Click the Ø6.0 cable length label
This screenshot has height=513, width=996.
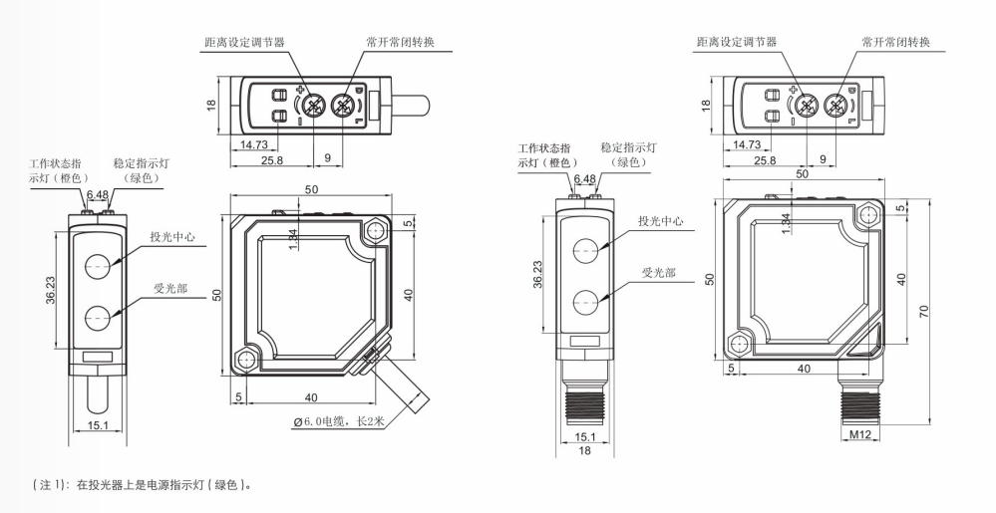pyautogui.click(x=339, y=422)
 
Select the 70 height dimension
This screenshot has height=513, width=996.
pyautogui.click(x=925, y=312)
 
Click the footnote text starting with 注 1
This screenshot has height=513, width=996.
pyautogui.click(x=138, y=485)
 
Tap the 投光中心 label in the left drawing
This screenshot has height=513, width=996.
pyautogui.click(x=171, y=237)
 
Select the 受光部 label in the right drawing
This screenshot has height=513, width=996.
pyautogui.click(x=659, y=273)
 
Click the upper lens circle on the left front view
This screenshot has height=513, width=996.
pyautogui.click(x=98, y=265)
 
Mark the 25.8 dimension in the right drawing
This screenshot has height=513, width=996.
pyautogui.click(x=765, y=159)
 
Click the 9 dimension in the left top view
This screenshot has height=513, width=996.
pyautogui.click(x=329, y=159)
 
